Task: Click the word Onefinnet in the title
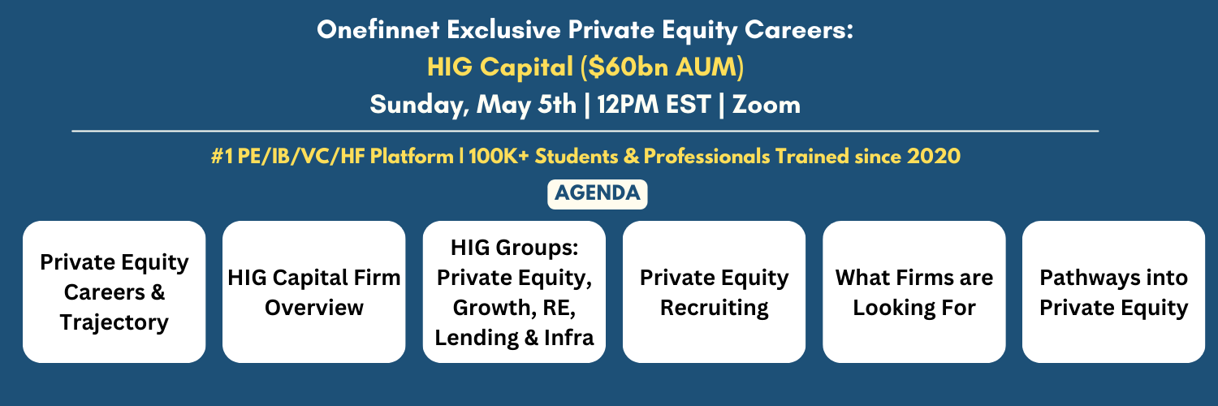pos(378,30)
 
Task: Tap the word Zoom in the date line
pos(767,105)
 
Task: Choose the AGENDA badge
pos(597,194)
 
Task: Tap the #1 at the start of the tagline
pos(222,157)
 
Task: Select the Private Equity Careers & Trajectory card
pos(114,292)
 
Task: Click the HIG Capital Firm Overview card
pos(313,292)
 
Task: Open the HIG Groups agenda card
pos(514,292)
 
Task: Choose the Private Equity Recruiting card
pos(714,292)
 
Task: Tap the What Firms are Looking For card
pos(914,292)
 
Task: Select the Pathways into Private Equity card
pos(1113,292)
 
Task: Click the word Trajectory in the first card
pos(114,323)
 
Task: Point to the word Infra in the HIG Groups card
pos(568,338)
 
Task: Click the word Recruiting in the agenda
pos(714,309)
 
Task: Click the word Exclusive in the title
pos(503,30)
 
